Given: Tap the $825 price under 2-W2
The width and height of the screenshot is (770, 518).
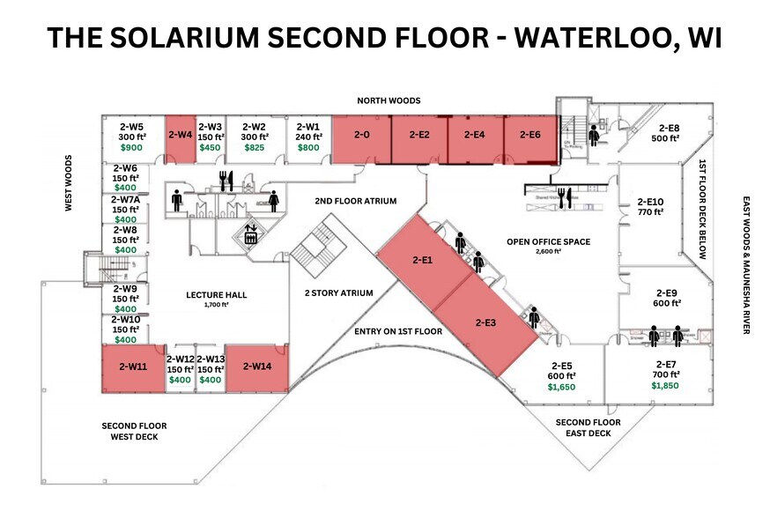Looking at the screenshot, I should tap(254, 148).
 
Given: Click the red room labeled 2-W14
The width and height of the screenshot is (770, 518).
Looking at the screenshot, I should tap(256, 366).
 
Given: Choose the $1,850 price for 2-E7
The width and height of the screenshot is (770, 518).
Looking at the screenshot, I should tap(665, 387).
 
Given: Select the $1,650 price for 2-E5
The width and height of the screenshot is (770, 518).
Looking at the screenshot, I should tap(561, 387).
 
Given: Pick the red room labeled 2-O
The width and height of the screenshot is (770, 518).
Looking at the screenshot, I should tap(360, 136).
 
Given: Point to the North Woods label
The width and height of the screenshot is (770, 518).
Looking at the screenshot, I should tap(388, 101).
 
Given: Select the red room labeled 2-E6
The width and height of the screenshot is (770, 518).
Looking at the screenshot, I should tap(529, 136).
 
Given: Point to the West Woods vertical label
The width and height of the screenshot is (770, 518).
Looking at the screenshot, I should tap(68, 183).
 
